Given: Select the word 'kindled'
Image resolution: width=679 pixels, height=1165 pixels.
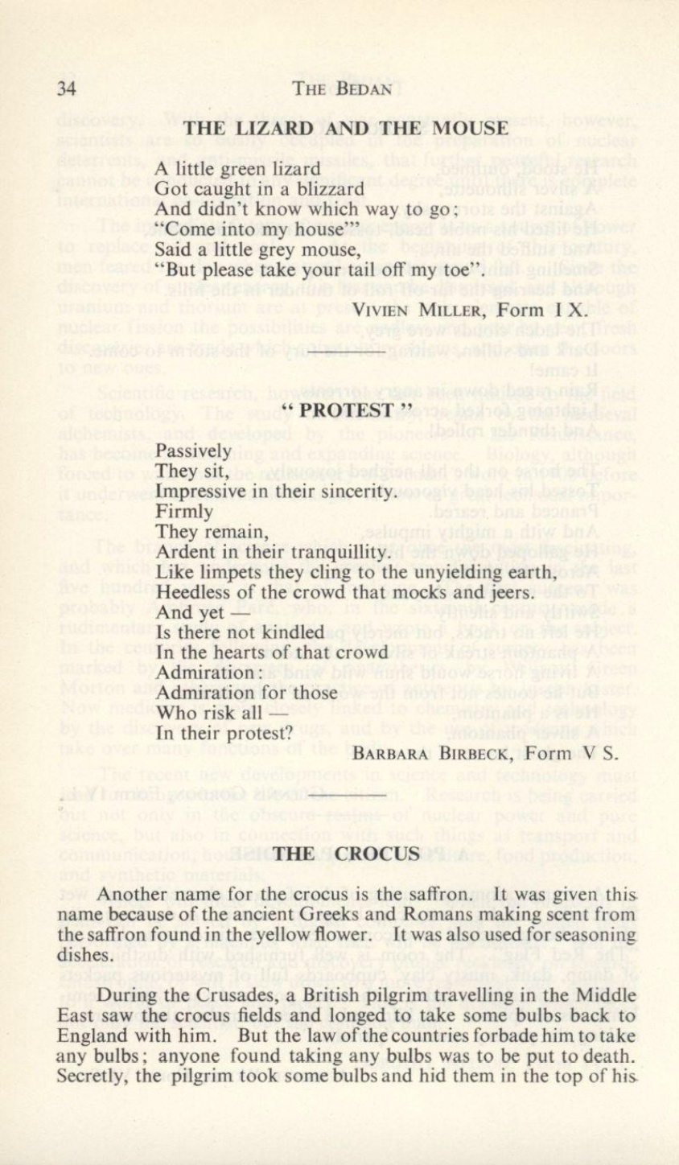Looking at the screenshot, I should click(x=293, y=632).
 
